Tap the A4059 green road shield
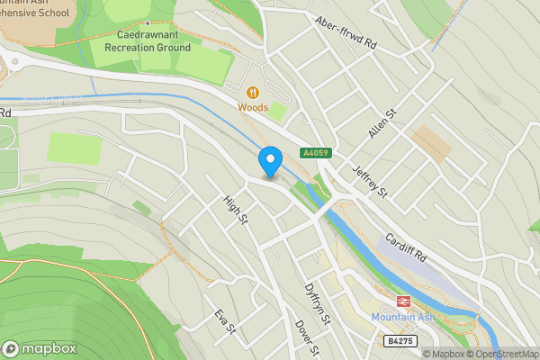[313, 154]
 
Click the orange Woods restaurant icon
[253, 92]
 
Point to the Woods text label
[253, 107]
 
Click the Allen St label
[382, 122]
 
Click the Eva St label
[224, 321]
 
